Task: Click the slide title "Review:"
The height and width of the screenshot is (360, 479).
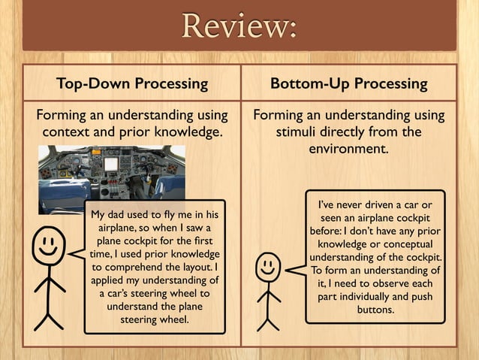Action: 239,28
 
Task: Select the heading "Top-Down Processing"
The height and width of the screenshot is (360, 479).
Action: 132,83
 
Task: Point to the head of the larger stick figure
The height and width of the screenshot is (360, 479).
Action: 50,244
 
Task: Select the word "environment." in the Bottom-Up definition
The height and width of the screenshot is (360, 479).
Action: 348,149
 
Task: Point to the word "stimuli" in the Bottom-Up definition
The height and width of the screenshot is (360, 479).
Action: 304,133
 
